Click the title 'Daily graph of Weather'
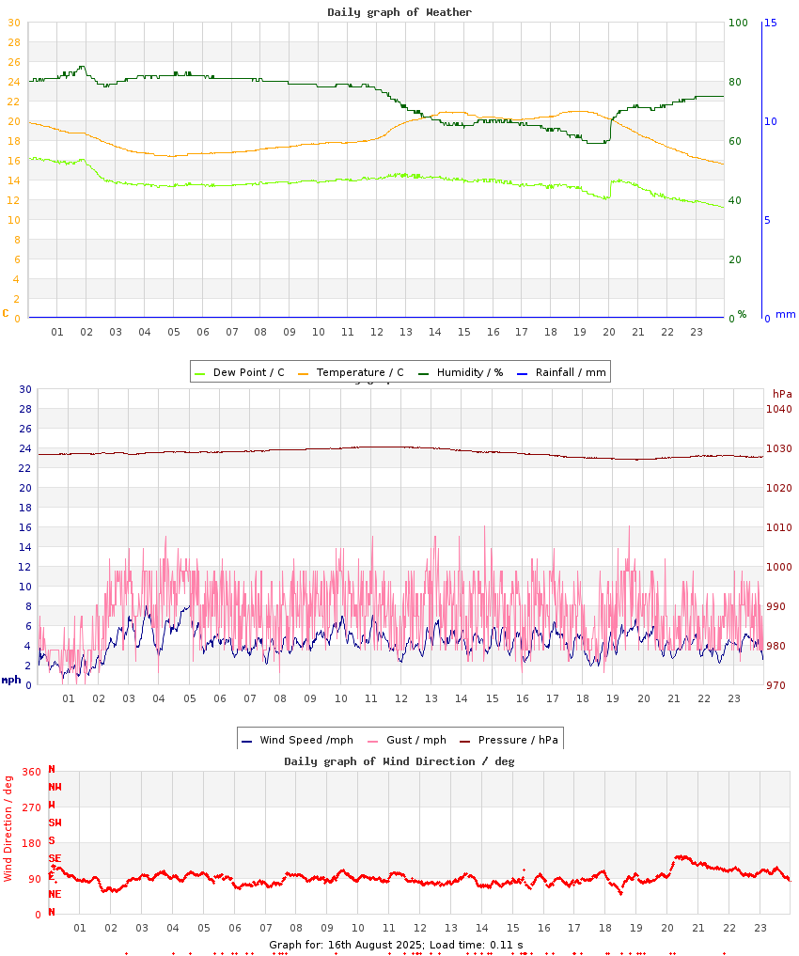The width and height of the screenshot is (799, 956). coord(399,12)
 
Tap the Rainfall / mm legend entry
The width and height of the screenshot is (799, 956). coord(570,372)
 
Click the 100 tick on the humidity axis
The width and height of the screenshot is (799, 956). coord(737,23)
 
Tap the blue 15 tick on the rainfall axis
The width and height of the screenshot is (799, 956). coord(770,23)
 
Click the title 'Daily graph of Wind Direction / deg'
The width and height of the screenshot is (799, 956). coord(399,761)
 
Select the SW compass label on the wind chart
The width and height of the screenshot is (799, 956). coord(55,823)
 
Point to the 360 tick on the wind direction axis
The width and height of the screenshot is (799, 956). coord(31,772)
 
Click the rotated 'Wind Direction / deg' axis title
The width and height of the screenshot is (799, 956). coord(8,828)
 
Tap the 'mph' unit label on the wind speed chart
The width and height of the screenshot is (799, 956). coord(11,680)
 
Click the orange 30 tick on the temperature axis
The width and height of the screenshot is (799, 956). coord(13,23)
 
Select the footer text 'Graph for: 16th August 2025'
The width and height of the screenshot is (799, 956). coord(346,945)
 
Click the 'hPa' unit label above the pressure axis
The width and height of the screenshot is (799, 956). coord(782,393)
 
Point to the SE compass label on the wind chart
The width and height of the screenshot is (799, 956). coord(55,858)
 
